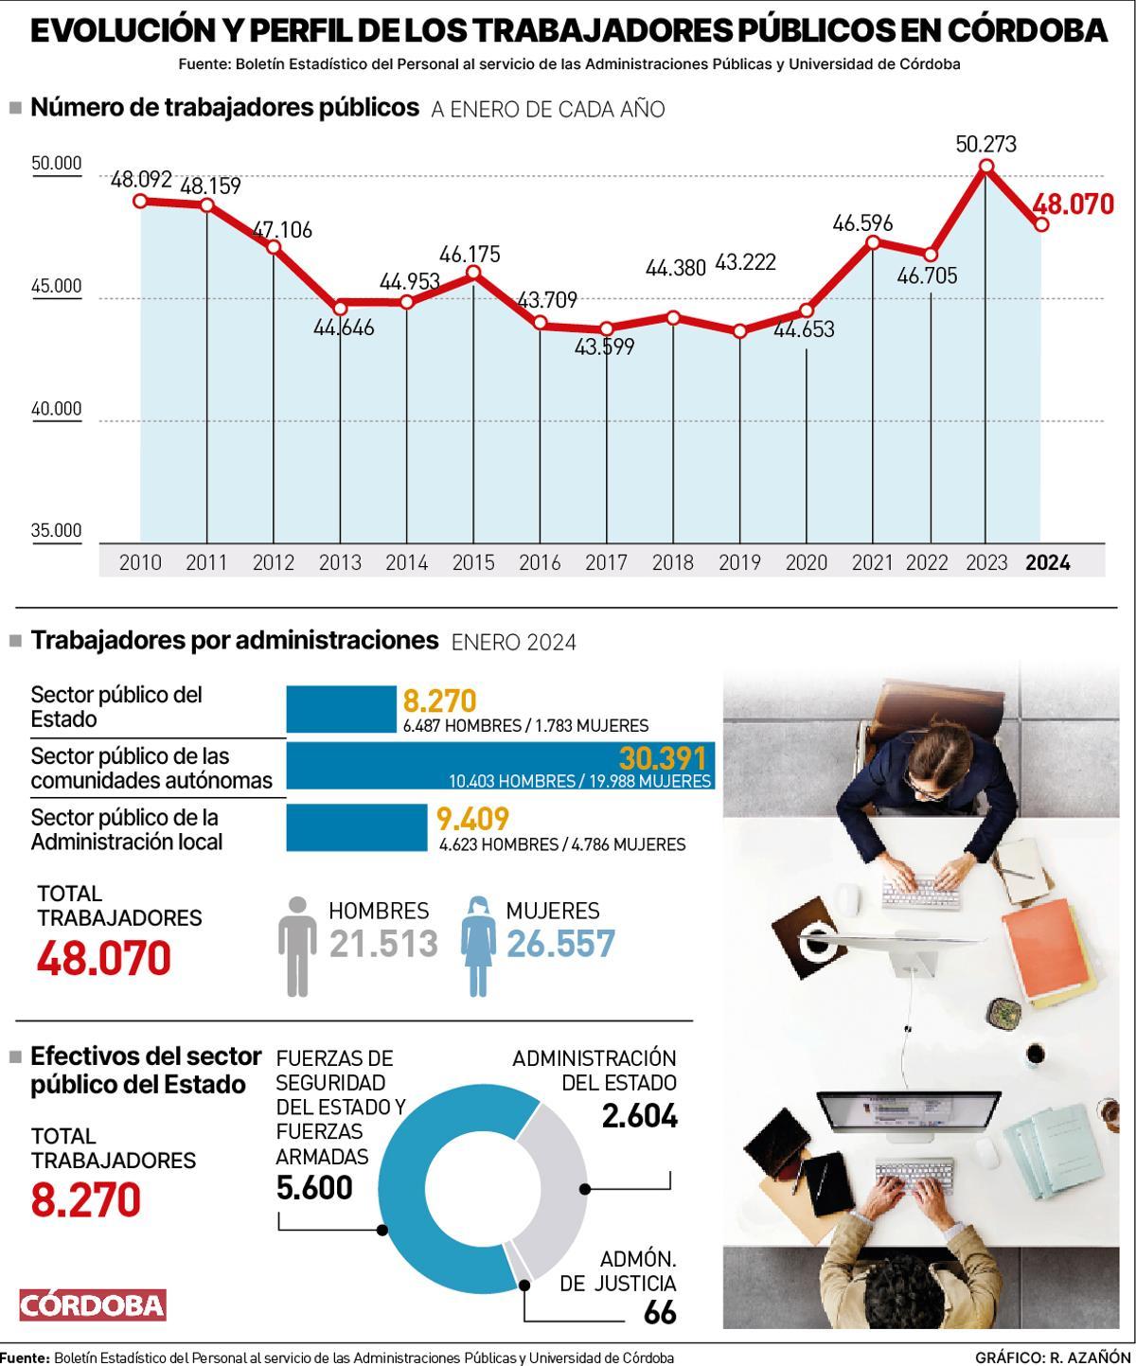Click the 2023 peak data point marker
click(x=985, y=167)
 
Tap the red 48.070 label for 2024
click(x=1073, y=204)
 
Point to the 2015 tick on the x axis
click(x=473, y=562)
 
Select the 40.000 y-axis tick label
click(x=57, y=409)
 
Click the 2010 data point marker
click(x=140, y=201)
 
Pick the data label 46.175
click(x=470, y=254)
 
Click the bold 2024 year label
click(x=1048, y=562)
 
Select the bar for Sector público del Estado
click(x=341, y=709)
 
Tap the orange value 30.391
click(x=663, y=758)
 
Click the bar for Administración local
click(x=356, y=827)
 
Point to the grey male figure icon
click(x=298, y=946)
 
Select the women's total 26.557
click(x=560, y=944)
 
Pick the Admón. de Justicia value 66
click(x=659, y=1313)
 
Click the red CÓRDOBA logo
click(x=93, y=1305)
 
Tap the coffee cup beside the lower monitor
click(x=1036, y=1053)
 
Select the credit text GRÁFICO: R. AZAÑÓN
click(x=1052, y=1357)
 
